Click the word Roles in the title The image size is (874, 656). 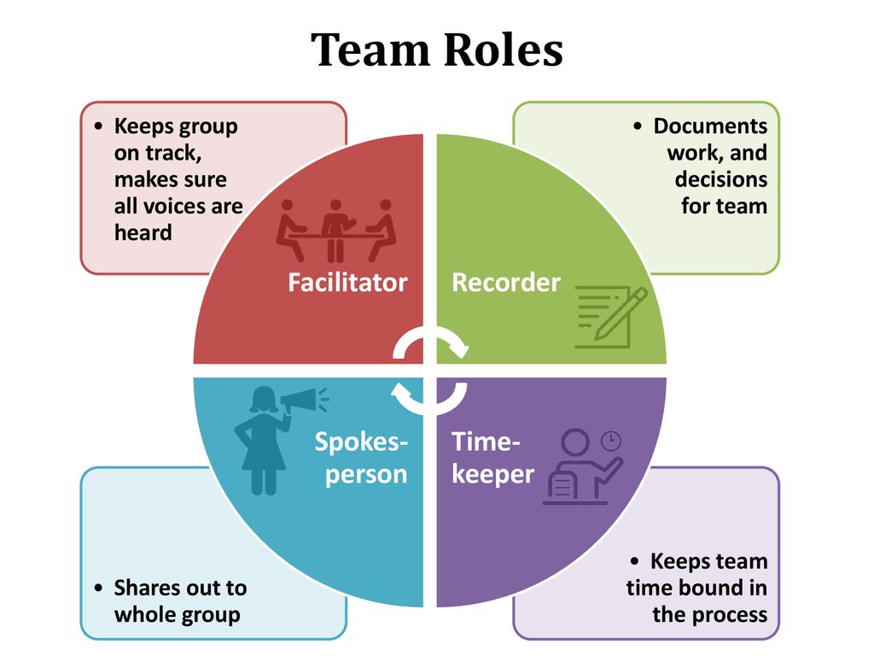(504, 50)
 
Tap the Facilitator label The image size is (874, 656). (347, 282)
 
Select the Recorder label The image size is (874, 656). (505, 282)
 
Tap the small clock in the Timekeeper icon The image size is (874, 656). (611, 441)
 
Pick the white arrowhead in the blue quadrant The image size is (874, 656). (401, 392)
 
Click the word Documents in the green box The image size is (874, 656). (710, 126)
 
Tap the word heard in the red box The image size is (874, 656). (143, 232)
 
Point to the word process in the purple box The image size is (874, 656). (729, 615)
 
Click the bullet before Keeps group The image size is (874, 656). (99, 126)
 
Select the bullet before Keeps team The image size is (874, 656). (635, 561)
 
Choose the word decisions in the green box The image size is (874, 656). (720, 179)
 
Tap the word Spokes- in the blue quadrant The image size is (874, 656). (361, 442)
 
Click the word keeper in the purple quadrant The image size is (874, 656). (492, 475)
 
